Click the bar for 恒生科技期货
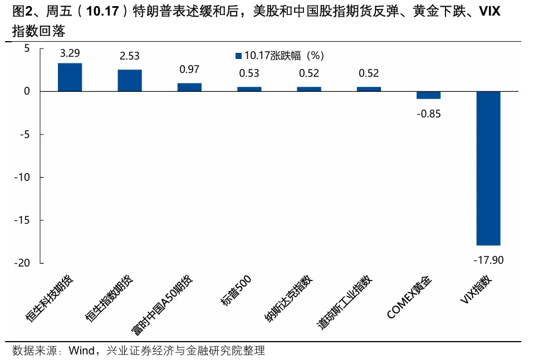(70, 77)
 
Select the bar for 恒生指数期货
(129, 80)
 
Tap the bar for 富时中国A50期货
(189, 87)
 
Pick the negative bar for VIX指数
(488, 168)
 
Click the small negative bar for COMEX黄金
(428, 95)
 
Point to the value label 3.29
(70, 53)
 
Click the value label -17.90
(488, 259)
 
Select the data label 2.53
(129, 56)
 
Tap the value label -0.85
(428, 114)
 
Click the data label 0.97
(189, 70)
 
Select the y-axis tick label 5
(26, 48)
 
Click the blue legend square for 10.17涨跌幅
(239, 56)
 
